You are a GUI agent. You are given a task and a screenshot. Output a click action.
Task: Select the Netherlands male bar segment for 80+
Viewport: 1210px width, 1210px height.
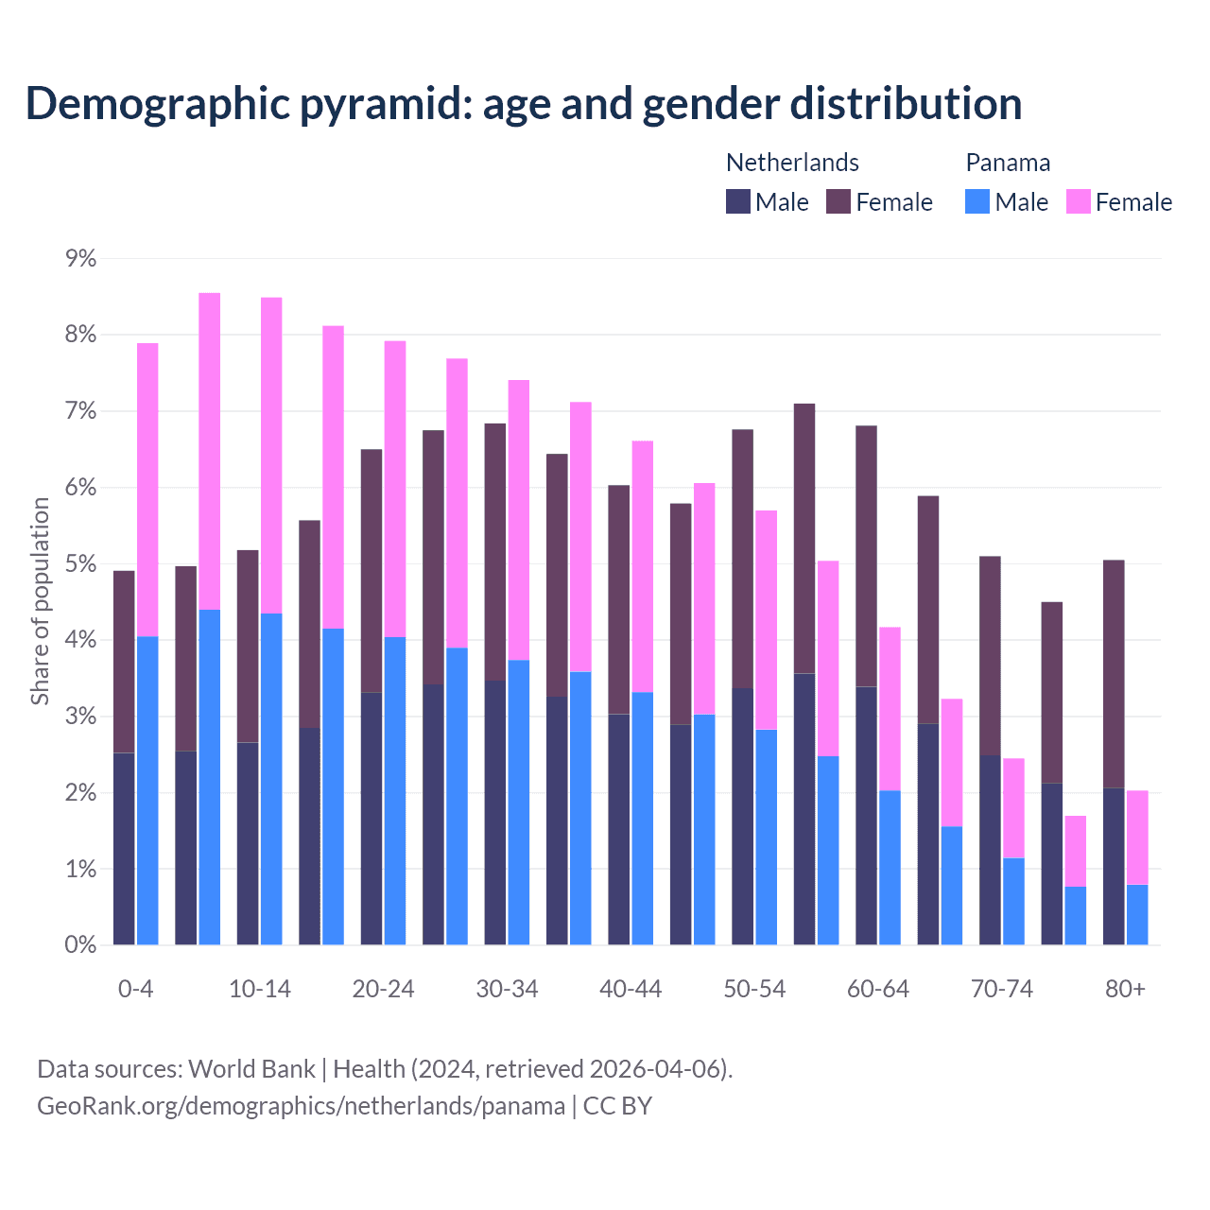pos(1114,866)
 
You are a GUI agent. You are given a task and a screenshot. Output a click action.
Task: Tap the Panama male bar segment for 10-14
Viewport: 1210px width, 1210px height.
pos(271,779)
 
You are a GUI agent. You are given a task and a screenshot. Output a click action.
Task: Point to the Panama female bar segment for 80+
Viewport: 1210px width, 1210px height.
pos(1137,838)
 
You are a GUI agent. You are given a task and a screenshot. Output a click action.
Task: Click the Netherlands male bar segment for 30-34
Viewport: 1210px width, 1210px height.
pos(494,812)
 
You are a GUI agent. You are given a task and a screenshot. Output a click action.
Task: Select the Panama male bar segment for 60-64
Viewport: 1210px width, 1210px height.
pos(890,867)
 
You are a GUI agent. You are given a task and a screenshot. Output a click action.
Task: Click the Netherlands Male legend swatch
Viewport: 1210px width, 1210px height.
pos(737,201)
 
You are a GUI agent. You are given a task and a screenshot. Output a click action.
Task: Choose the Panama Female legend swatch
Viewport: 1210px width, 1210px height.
pos(1078,201)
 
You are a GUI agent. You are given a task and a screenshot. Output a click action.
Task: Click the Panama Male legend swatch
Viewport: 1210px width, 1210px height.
pos(977,201)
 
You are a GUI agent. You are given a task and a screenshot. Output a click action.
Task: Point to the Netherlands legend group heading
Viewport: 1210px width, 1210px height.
pos(792,163)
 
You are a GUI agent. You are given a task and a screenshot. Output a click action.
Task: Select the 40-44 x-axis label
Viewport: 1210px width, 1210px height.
pos(631,990)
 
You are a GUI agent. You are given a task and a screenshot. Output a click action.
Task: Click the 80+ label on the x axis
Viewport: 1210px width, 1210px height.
pos(1125,990)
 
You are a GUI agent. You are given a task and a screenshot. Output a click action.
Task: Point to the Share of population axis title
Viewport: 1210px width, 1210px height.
pos(41,601)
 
